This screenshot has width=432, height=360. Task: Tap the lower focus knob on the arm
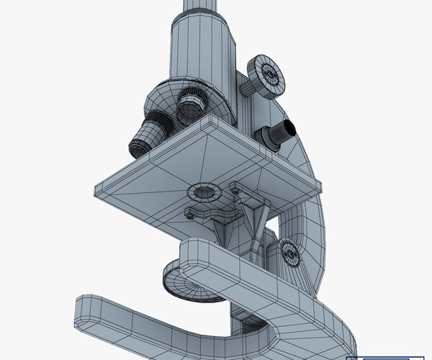click(289, 252)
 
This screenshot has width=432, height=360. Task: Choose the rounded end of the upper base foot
click(189, 252)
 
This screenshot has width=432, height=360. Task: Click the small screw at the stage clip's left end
click(189, 212)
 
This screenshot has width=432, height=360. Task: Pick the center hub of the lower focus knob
click(291, 253)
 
